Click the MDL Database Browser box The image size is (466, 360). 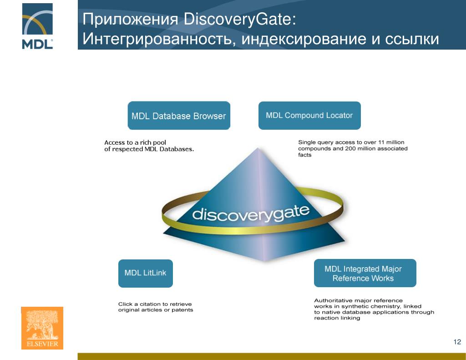(x=178, y=116)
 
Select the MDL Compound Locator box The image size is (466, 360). (x=309, y=116)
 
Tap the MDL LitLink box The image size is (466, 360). (x=145, y=273)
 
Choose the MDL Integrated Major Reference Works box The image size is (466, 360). (x=363, y=274)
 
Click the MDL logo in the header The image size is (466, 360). (x=37, y=26)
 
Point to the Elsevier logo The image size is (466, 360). (x=42, y=328)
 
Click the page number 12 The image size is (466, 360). (x=457, y=342)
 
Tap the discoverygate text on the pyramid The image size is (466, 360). (x=251, y=213)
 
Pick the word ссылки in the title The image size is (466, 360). (x=412, y=39)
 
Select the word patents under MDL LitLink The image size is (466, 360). (x=182, y=310)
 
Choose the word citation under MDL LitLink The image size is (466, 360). (x=148, y=304)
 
